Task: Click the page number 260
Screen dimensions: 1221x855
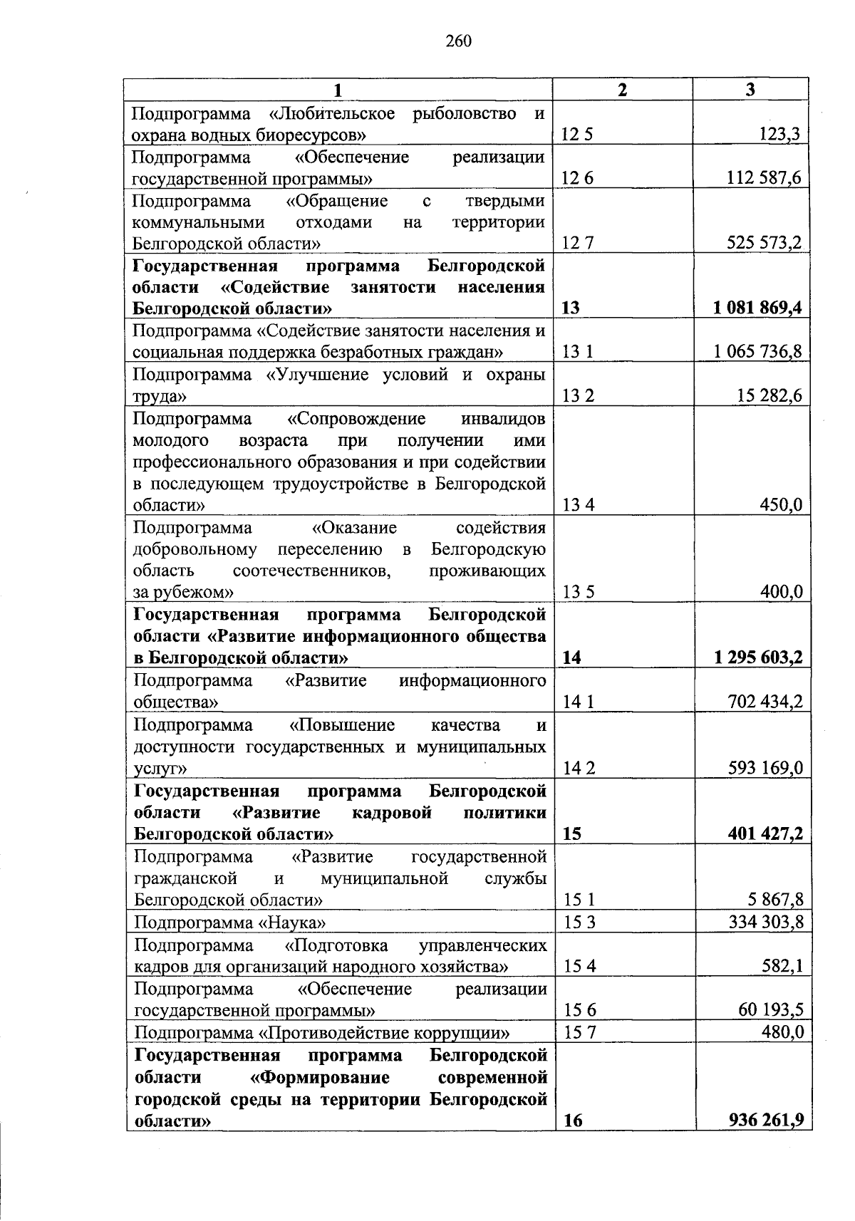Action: (x=459, y=41)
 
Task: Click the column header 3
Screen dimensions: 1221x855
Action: (x=750, y=89)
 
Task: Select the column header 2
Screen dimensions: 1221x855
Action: (x=623, y=89)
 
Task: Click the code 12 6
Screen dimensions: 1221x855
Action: (x=577, y=178)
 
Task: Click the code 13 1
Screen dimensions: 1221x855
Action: (x=578, y=352)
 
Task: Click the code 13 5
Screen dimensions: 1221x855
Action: (x=578, y=592)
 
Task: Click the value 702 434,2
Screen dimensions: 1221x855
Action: (x=765, y=702)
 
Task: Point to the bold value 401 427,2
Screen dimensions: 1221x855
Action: (x=765, y=833)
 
